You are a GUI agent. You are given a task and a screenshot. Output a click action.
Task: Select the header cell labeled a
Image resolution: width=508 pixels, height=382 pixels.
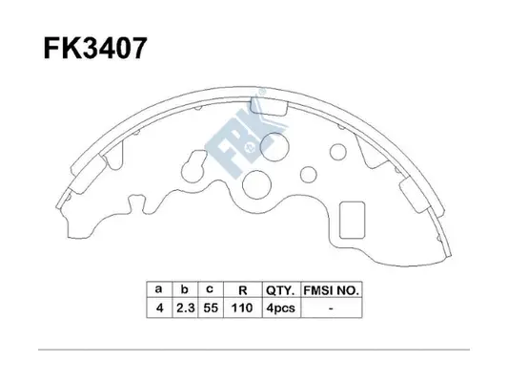point(158,287)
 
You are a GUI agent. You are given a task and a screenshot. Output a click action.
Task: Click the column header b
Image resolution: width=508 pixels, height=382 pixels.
point(183,287)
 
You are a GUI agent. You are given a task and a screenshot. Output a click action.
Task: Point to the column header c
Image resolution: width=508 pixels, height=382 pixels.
point(210,287)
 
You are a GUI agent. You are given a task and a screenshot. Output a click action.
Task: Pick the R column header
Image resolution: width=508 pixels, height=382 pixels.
point(242,287)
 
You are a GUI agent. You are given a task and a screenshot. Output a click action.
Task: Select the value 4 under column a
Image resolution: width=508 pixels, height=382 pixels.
point(158,308)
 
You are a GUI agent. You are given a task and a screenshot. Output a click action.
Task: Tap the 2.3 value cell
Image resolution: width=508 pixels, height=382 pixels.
point(183,308)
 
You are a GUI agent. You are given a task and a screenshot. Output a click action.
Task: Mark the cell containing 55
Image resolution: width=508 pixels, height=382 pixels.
point(210,308)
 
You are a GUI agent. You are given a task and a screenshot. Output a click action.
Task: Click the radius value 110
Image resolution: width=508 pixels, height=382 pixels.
point(242,308)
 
